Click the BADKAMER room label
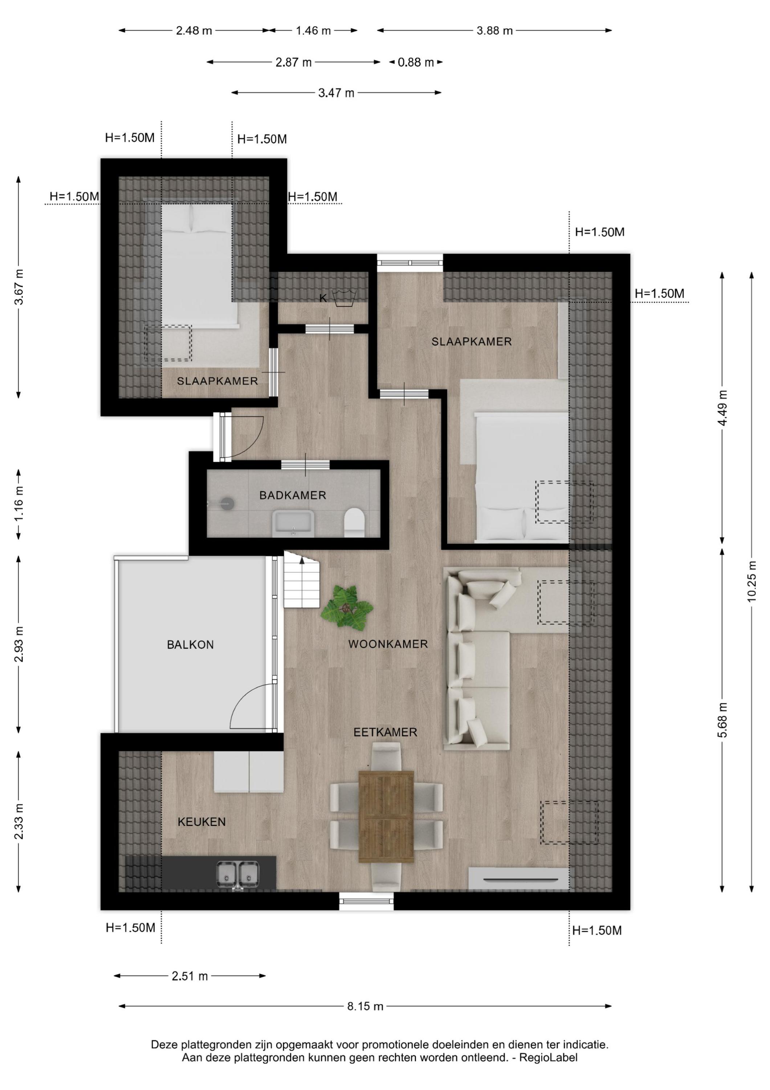(x=292, y=495)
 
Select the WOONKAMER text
(x=388, y=644)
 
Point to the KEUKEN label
(x=201, y=822)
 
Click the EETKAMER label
(x=385, y=732)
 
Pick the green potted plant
(x=347, y=608)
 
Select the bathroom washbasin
(x=292, y=523)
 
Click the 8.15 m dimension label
(x=365, y=1006)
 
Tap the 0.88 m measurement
(x=416, y=62)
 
